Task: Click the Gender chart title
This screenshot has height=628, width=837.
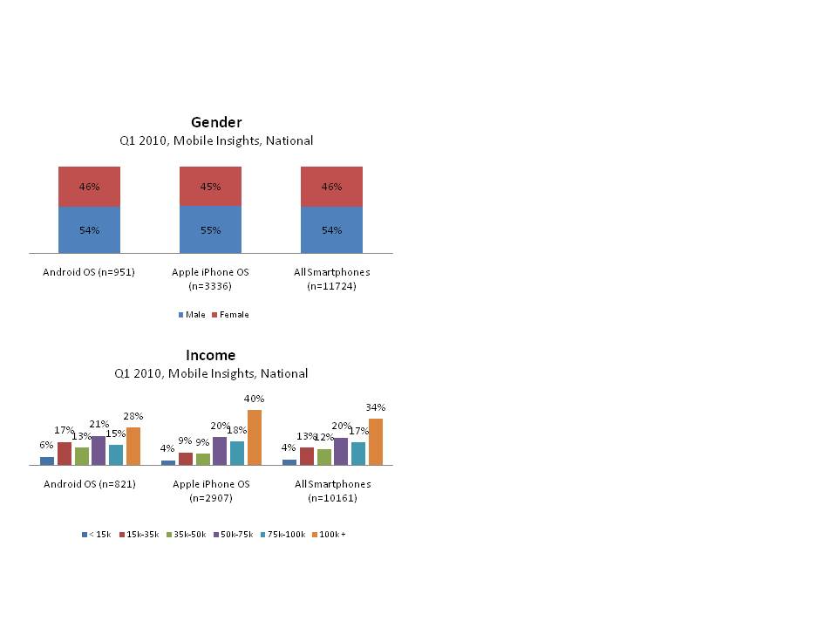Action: point(216,122)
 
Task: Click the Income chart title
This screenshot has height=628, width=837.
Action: point(211,355)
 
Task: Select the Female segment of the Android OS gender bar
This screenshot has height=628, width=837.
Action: point(89,187)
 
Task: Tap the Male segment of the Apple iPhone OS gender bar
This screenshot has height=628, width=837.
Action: point(210,230)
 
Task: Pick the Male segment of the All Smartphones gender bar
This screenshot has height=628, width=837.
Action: point(331,230)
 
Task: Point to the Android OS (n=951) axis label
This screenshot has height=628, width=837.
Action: point(89,272)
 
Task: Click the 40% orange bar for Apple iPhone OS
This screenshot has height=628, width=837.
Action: point(255,437)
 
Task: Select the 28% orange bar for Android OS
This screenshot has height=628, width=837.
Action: point(133,446)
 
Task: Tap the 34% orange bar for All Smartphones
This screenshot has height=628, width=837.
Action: point(376,441)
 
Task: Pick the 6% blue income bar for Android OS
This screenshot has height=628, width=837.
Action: point(47,461)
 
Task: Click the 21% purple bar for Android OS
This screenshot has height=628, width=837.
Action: point(99,450)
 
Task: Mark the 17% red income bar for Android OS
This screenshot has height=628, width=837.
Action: point(65,454)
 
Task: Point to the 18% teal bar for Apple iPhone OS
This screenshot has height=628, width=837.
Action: point(237,453)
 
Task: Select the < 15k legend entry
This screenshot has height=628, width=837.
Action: point(97,535)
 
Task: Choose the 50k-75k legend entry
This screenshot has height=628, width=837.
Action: point(235,535)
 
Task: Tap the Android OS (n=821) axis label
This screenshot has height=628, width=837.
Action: point(90,484)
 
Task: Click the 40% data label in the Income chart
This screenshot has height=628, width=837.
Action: point(255,399)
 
